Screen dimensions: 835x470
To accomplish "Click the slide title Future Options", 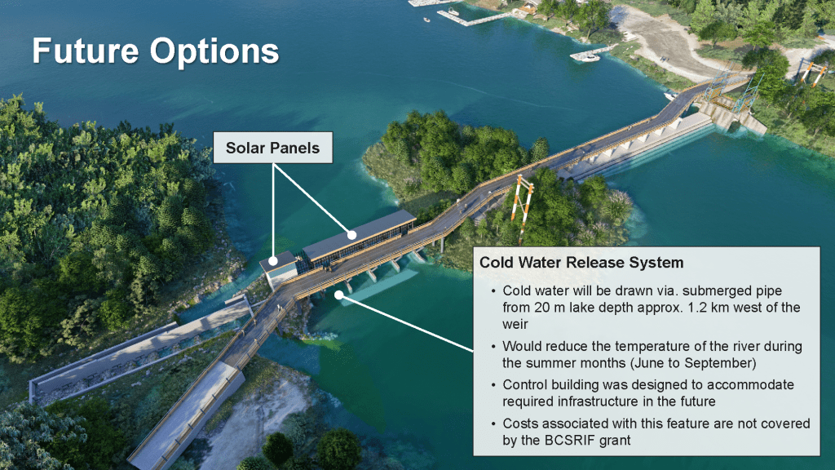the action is (156, 51).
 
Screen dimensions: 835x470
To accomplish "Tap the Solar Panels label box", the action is (272, 148).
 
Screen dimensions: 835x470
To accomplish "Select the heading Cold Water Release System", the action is (581, 263).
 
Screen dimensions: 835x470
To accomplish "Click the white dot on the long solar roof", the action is (352, 234).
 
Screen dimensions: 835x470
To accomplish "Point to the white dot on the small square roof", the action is (273, 261).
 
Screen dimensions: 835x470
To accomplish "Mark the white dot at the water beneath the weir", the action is (339, 295).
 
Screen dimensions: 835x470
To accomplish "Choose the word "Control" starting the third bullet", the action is (524, 385).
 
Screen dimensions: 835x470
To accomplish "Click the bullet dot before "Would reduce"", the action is (493, 347).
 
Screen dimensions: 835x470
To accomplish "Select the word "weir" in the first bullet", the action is (515, 324).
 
